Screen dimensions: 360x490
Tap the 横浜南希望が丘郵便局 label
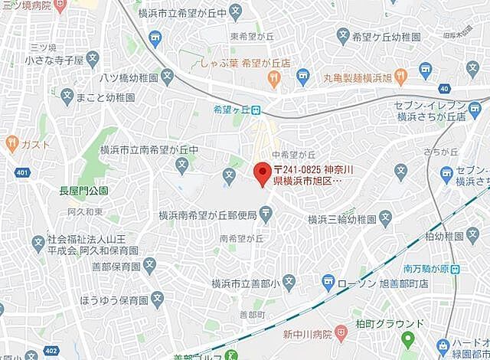click(207, 217)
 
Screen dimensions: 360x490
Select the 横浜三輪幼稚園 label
click(341, 219)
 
